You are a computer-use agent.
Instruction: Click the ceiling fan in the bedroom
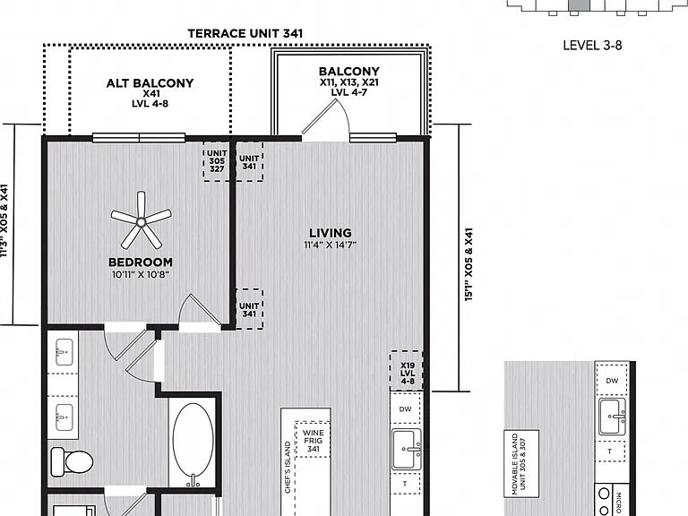coord(141,220)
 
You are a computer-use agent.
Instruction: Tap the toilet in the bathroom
coord(72,462)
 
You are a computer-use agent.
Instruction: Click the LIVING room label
coord(331,233)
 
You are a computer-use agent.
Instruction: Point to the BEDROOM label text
coord(141,262)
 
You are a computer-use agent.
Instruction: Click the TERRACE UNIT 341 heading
coord(245,34)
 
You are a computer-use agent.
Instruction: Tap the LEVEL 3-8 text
coord(592,45)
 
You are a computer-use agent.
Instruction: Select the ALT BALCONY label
coord(150,83)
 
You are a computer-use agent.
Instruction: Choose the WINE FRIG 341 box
coord(313,440)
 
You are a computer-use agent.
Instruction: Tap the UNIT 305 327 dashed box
coord(217,161)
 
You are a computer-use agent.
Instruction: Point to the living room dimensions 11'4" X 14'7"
coord(331,245)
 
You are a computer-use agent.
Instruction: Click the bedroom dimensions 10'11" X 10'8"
coord(141,275)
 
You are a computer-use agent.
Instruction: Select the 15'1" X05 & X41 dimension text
coord(469,264)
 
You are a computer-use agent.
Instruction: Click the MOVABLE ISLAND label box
coord(521,464)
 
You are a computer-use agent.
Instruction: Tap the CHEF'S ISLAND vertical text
coord(288,467)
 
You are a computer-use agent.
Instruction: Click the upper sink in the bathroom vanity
coord(64,352)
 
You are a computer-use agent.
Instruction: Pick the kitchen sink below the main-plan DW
coord(407,449)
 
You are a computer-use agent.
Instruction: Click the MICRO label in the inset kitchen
coord(619,503)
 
